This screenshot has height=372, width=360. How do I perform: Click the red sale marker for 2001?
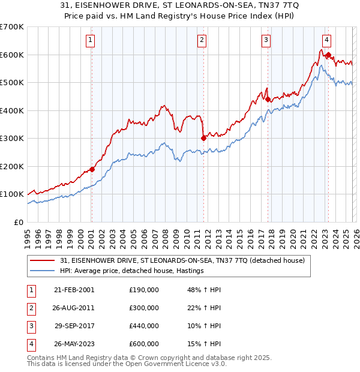coord(92,169)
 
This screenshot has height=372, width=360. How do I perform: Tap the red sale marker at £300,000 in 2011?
coord(203,138)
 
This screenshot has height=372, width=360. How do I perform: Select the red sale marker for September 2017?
coord(268,100)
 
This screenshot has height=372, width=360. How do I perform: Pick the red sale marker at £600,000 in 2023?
coord(328,55)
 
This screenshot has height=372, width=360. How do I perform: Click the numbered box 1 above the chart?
coord(90,40)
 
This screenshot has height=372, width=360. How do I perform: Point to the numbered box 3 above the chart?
coord(266,40)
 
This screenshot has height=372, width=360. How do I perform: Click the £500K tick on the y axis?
coord(12,82)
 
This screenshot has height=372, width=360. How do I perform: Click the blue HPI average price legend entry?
coord(131,271)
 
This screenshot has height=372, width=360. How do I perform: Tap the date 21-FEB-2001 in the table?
coord(74,290)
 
